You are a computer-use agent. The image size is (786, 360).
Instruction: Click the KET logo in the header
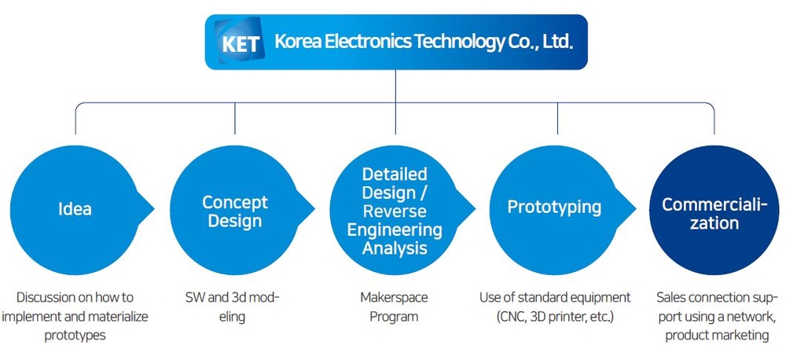(x=239, y=42)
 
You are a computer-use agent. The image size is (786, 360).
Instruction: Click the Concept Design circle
(x=235, y=210)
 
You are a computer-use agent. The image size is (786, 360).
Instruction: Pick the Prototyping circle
(x=554, y=210)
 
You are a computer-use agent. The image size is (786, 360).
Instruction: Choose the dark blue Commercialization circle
(x=714, y=210)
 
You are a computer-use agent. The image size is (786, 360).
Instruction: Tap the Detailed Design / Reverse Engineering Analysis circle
(x=395, y=210)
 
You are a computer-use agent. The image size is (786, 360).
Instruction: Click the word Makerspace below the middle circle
(x=394, y=297)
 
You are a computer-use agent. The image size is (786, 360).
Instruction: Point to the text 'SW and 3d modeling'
(x=232, y=307)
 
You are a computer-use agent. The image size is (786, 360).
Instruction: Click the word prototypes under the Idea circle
(x=75, y=335)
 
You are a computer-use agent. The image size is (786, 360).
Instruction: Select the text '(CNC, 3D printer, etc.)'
(x=554, y=317)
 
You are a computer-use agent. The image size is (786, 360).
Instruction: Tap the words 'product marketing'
(x=717, y=335)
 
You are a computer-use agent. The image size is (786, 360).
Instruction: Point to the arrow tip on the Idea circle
(x=153, y=210)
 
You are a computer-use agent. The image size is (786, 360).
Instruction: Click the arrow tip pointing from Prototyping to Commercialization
(x=636, y=210)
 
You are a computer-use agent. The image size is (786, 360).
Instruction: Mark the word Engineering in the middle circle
(x=395, y=230)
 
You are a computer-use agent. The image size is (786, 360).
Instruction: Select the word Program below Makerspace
(x=394, y=317)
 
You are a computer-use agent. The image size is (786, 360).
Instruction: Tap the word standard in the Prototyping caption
(x=542, y=297)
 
